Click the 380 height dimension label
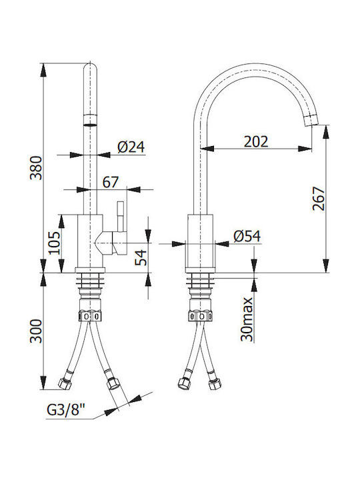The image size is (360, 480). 36,168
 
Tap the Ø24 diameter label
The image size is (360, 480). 131,147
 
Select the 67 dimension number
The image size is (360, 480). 110,183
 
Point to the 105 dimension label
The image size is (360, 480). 55,243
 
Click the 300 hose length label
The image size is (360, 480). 36,331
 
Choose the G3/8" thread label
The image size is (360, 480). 66,409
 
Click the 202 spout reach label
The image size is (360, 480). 256,141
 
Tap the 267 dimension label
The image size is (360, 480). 319,199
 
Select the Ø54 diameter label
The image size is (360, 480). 247,236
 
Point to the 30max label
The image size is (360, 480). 247,319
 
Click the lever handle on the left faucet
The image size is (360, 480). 121,216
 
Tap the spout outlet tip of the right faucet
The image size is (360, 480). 311,120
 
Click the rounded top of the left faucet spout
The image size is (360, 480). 90,68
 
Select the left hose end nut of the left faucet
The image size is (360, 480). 65,383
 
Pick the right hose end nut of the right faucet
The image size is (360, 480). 215,384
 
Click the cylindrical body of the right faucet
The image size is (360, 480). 200,241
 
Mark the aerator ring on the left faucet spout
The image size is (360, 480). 90,120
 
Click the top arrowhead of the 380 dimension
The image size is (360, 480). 43,71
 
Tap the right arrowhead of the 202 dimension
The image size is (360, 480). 305,149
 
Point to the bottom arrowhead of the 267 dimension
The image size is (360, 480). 326,265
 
